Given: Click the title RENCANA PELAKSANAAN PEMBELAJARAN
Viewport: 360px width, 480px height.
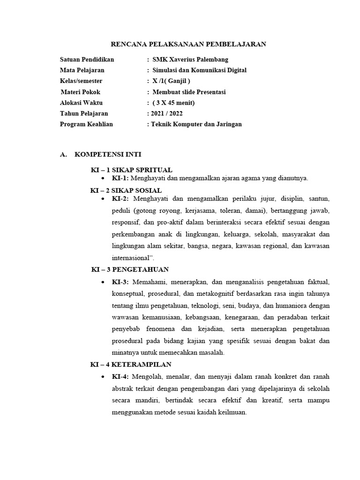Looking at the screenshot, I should coord(188,44).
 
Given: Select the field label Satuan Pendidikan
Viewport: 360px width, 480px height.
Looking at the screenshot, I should coord(87,60).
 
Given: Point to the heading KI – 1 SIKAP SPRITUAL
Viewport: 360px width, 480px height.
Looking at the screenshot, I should coord(131,169).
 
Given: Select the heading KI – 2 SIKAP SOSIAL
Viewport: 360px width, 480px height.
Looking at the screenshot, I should coord(126,190).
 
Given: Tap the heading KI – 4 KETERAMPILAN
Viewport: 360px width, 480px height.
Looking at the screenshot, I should coord(131,364).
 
